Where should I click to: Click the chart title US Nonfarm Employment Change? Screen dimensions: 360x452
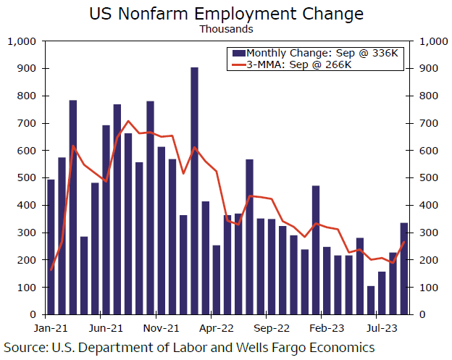pos(225,14)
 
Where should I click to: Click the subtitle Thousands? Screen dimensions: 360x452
pos(225,30)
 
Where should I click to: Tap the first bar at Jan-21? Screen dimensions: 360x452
pos(51,246)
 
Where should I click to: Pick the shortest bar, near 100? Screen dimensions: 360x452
pos(371,300)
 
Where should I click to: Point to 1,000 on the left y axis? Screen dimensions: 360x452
pos(22,41)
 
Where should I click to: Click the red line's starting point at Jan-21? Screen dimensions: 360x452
pos(51,270)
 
